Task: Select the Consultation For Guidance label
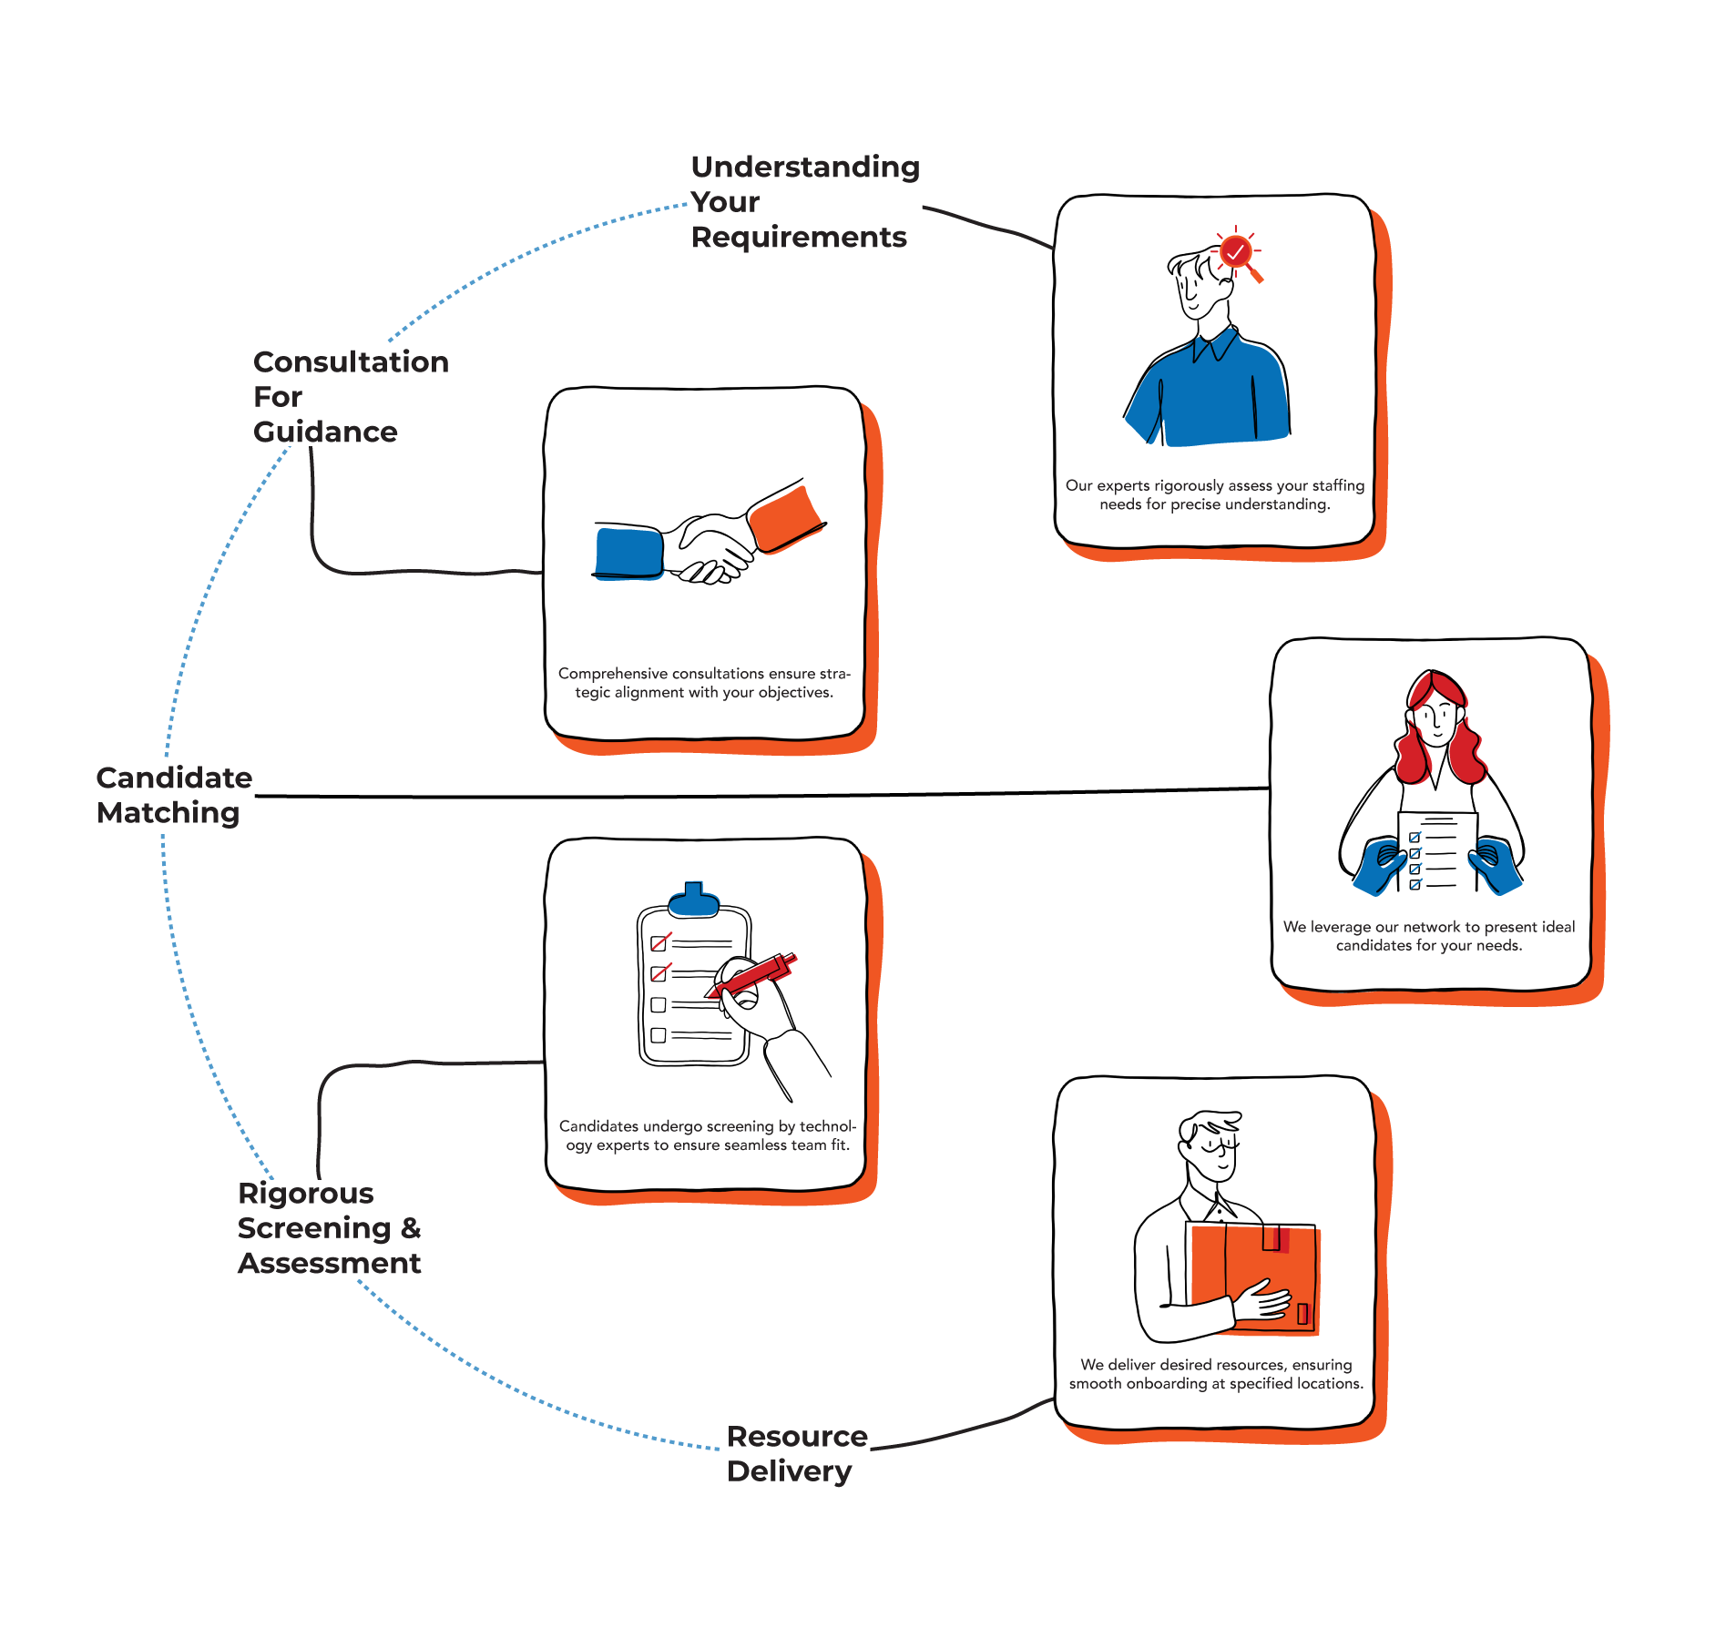point(351,396)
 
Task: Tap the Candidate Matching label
point(174,796)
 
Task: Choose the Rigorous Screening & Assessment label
point(330,1228)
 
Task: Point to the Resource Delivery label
point(796,1454)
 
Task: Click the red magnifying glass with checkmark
point(1237,253)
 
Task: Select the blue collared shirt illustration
point(1209,392)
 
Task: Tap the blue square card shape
point(628,553)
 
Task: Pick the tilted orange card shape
point(785,519)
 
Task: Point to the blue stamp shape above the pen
point(695,900)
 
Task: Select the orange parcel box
point(1256,1279)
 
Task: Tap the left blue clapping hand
point(1382,866)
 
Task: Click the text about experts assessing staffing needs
point(1215,494)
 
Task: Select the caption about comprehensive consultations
point(704,683)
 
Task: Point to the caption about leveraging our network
point(1429,936)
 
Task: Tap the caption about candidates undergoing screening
point(708,1135)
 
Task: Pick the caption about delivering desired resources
point(1216,1374)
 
